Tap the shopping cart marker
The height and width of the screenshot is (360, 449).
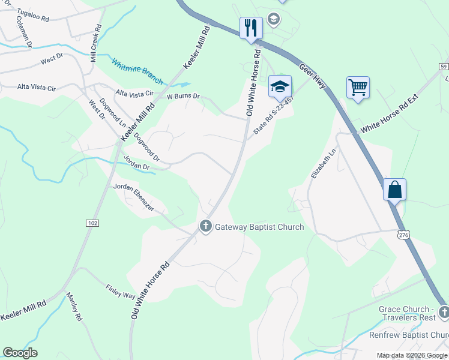pos(358,88)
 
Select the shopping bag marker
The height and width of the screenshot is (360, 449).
pos(395,190)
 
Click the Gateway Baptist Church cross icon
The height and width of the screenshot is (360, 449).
pos(206,227)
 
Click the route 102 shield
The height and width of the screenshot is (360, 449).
pos(92,223)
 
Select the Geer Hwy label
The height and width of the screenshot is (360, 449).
pos(312,77)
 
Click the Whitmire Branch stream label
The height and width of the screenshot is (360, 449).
pos(137,71)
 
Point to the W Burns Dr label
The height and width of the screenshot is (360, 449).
pos(182,96)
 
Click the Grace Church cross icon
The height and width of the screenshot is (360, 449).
pos(443,311)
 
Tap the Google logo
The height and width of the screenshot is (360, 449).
pos(20,352)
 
